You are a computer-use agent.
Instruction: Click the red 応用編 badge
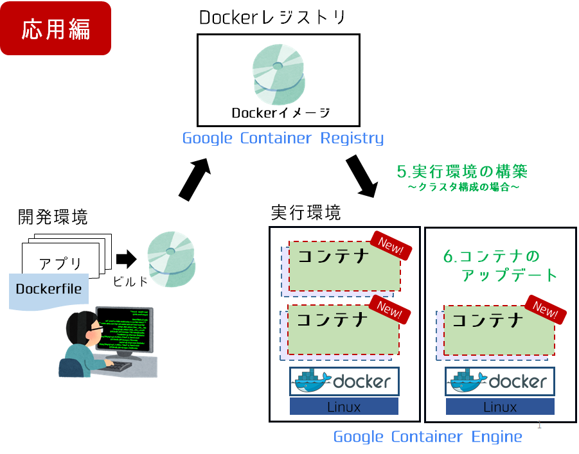pos(56,28)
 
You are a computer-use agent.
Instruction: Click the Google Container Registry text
pos(283,138)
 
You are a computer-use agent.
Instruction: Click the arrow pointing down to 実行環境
pos(363,176)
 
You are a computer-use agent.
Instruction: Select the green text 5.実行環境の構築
pos(461,171)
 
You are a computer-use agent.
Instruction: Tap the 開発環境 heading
pos(53,217)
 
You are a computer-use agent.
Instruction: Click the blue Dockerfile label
pos(49,289)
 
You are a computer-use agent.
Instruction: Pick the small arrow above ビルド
pos(126,259)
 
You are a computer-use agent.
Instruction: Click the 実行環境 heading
pos(305,213)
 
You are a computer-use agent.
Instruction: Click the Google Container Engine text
pos(427,437)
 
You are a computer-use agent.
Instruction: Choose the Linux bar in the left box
pos(344,406)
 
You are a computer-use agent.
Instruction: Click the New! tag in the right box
pos(546,310)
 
